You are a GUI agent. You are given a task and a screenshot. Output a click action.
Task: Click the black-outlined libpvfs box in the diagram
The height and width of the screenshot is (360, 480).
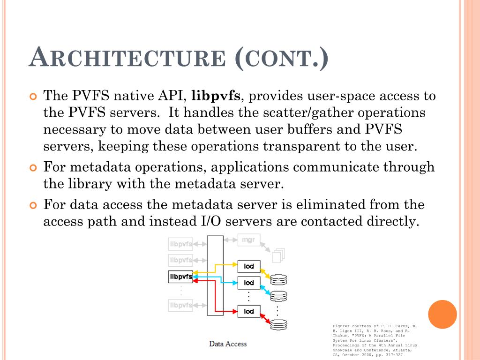pyautogui.click(x=180, y=277)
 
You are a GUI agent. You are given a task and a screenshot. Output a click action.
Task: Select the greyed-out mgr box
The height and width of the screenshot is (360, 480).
pyautogui.click(x=248, y=240)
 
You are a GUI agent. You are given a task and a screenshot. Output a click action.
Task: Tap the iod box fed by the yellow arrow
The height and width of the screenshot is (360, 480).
pyautogui.click(x=249, y=267)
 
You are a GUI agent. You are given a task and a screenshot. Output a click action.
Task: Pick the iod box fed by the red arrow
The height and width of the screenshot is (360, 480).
pyautogui.click(x=249, y=311)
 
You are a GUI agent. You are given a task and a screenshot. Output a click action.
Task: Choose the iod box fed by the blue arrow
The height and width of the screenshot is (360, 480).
pyautogui.click(x=249, y=283)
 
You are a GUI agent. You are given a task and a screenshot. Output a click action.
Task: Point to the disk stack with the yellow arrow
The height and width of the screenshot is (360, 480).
pyautogui.click(x=278, y=280)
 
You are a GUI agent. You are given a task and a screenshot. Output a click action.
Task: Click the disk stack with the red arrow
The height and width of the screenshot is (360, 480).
pyautogui.click(x=278, y=323)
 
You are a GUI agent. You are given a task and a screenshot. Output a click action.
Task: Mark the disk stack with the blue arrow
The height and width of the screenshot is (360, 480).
pyautogui.click(x=278, y=296)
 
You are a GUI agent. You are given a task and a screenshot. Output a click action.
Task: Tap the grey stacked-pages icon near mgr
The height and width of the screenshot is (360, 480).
pyautogui.click(x=278, y=255)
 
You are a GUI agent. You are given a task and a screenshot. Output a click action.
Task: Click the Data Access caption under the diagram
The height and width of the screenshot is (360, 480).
pyautogui.click(x=228, y=344)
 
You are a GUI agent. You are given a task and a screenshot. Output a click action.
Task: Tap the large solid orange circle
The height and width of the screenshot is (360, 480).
pyautogui.click(x=442, y=315)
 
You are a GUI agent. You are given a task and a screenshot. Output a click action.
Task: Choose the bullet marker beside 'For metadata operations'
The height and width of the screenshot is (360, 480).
pyautogui.click(x=33, y=167)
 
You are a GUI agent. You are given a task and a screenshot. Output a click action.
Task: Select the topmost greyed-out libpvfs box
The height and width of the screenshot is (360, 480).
pyautogui.click(x=180, y=244)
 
